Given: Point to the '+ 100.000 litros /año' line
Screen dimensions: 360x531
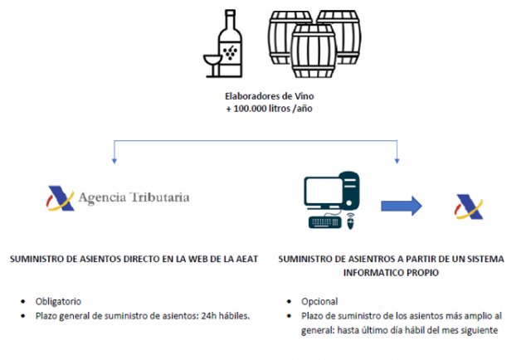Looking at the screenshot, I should tap(266, 109).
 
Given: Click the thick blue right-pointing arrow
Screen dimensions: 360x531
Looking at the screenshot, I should tap(402, 205).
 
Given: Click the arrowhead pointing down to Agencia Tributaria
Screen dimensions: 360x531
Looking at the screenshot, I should tap(112, 158).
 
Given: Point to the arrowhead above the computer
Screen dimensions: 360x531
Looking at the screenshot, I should tap(399, 158).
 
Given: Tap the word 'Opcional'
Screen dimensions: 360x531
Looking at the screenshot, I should tap(307, 300).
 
